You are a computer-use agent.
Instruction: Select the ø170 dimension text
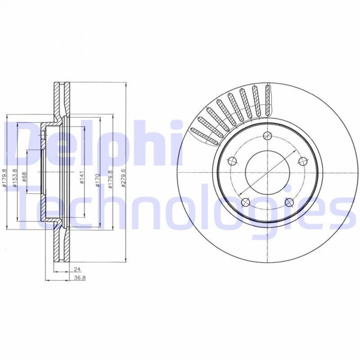[x=98, y=180]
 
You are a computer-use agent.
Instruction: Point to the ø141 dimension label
[x=82, y=179]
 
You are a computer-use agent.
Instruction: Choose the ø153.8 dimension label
[x=15, y=177]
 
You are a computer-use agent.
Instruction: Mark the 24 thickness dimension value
[x=77, y=269]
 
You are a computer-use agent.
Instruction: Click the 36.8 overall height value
[x=80, y=278]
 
